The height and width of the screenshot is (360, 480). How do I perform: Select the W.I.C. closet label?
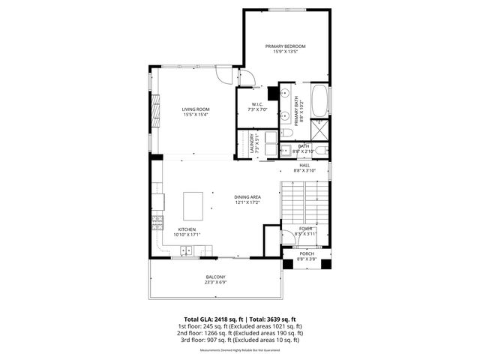[256, 106]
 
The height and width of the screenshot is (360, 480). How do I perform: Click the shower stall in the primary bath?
[319, 130]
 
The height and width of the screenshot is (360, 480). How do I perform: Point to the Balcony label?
[216, 277]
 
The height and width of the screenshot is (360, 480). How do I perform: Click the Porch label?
[307, 253]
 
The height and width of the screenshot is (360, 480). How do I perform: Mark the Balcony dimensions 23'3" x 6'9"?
[216, 283]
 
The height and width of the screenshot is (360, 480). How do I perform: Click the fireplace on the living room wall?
[156, 112]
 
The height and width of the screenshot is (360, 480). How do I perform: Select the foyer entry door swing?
[288, 238]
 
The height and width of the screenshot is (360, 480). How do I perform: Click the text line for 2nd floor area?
[240, 333]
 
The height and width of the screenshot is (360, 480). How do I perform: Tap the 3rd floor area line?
[240, 340]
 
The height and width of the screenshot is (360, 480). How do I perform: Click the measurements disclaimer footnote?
[240, 350]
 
